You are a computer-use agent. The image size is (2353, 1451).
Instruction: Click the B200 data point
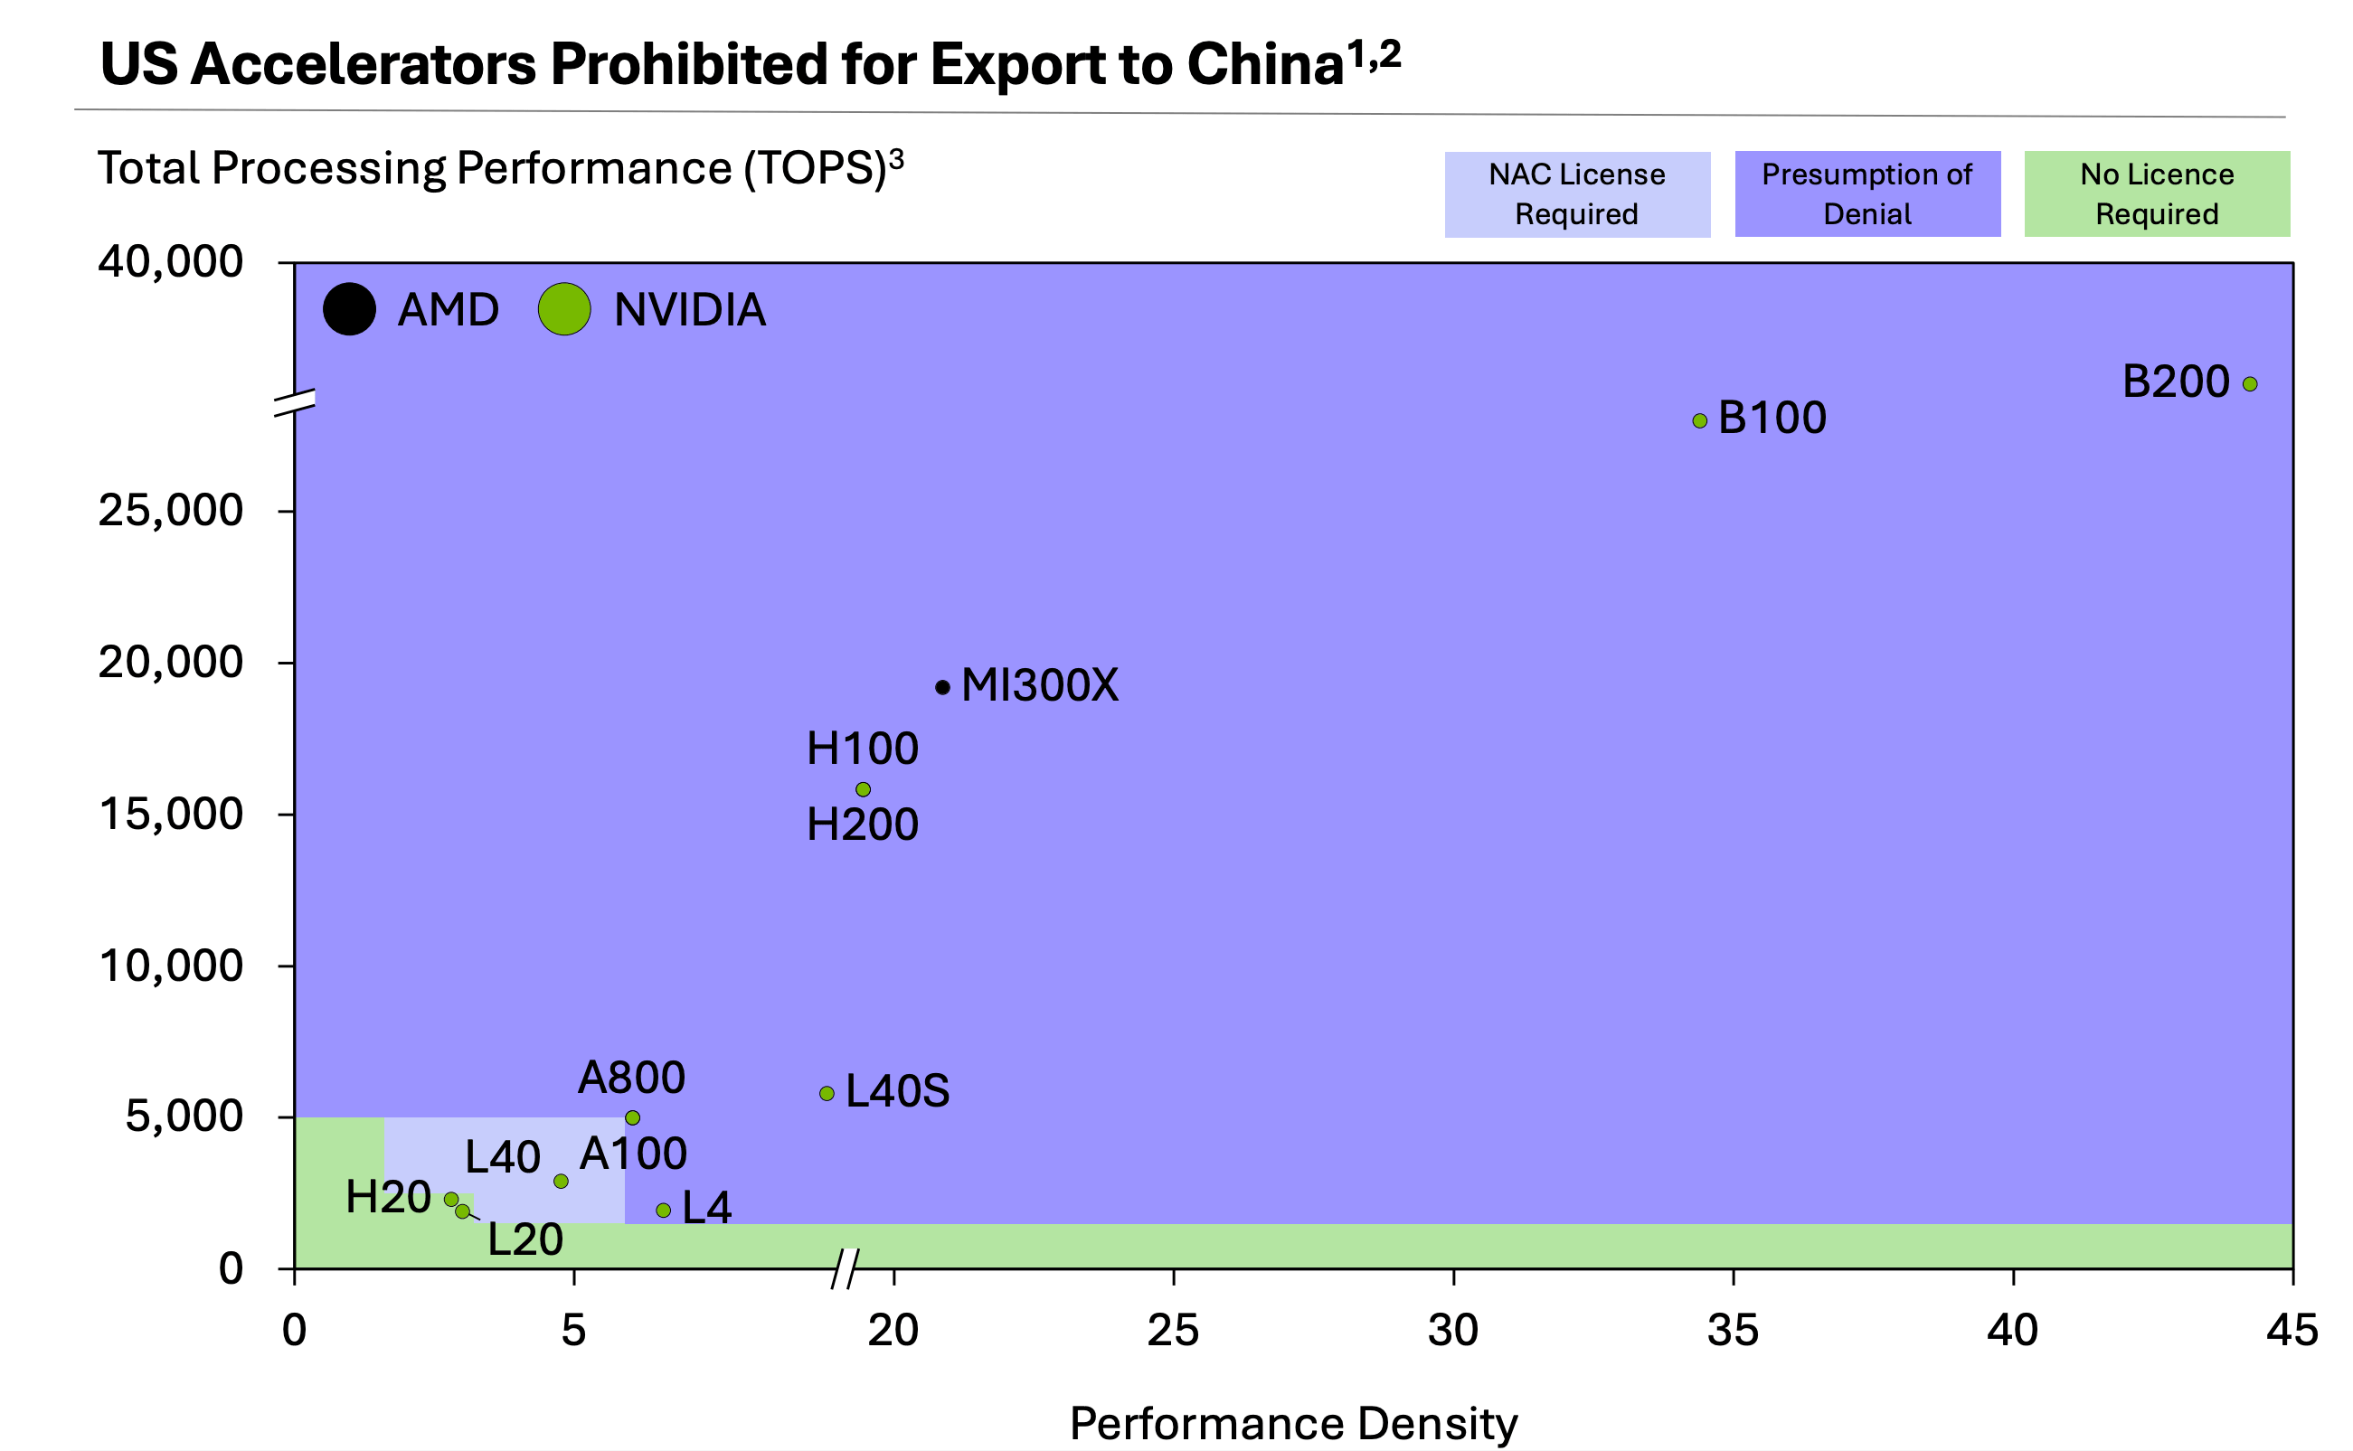pos(2249,384)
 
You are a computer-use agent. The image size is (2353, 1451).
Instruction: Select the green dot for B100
pos(1699,420)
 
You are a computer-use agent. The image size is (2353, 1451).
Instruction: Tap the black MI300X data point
pos(942,687)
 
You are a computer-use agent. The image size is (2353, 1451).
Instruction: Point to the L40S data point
pos(827,1093)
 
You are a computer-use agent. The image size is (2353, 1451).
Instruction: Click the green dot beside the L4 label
pos(663,1211)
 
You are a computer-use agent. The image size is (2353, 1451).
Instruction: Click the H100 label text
pos(862,749)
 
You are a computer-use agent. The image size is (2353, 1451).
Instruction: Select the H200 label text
pos(862,824)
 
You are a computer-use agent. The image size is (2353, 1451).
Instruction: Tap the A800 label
pos(631,1078)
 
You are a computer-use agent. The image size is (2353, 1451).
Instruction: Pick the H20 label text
pos(388,1197)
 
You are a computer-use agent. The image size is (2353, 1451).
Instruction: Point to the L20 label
pos(524,1239)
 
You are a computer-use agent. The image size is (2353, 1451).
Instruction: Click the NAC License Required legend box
pos(1577,193)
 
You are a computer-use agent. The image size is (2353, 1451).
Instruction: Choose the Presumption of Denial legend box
pos(1866,193)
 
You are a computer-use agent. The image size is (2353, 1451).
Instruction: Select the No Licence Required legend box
pos(2156,193)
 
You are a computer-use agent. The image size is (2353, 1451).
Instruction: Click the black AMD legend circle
pos(349,309)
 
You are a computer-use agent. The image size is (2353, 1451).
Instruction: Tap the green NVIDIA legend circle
pos(564,309)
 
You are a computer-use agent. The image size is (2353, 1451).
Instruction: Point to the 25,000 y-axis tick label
pos(171,510)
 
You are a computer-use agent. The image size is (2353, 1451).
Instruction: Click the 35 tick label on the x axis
pos(1732,1330)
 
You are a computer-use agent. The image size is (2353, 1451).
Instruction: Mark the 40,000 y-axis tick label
pos(171,261)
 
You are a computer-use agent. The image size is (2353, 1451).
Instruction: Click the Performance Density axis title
pos(1293,1422)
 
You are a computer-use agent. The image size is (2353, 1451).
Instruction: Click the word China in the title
pos(1265,64)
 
